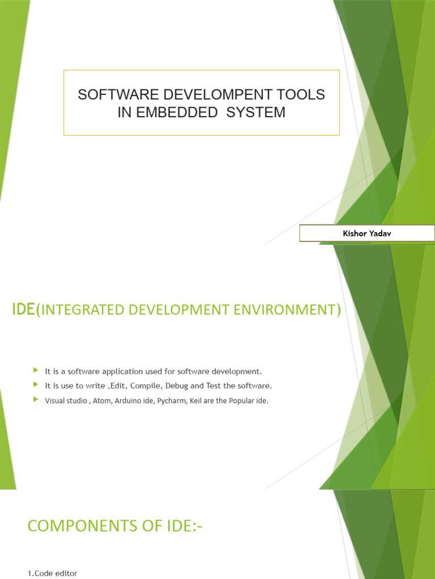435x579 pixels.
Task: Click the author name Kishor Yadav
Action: (366, 233)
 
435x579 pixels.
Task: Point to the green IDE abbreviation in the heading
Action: (23, 309)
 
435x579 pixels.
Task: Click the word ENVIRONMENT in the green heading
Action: (288, 310)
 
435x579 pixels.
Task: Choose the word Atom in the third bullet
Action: (99, 400)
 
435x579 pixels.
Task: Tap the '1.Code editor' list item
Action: (53, 573)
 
